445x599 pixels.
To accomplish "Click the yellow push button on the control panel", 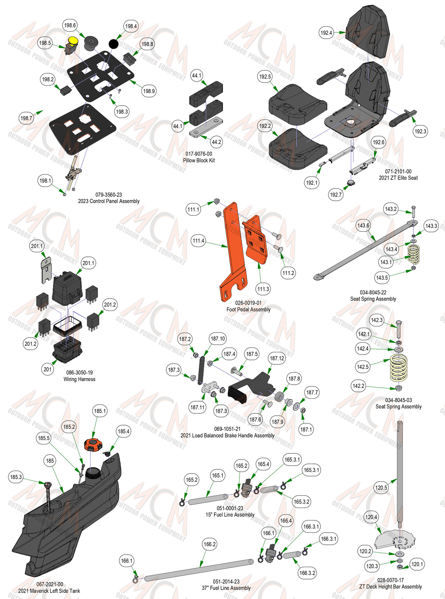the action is pyautogui.click(x=73, y=40).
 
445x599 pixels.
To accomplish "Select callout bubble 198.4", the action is pyautogui.click(x=131, y=26).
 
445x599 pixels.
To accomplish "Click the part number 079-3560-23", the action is pyautogui.click(x=108, y=195).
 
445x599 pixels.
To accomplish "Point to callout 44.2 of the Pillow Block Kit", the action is pyautogui.click(x=216, y=142).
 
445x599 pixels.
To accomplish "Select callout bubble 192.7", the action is pyautogui.click(x=336, y=195).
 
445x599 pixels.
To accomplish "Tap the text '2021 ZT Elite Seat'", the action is pyautogui.click(x=398, y=178).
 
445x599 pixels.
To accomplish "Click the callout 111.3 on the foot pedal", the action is pyautogui.click(x=263, y=289).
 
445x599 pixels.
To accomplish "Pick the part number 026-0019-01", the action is pyautogui.click(x=248, y=303).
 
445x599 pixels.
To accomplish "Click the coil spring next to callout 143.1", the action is pyautogui.click(x=414, y=254).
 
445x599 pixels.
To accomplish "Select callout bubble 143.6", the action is pyautogui.click(x=363, y=226).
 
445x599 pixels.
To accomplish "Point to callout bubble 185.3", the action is pyautogui.click(x=16, y=477).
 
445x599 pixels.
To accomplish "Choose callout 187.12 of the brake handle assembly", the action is pyautogui.click(x=277, y=358).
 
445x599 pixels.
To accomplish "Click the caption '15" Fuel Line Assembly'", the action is pyautogui.click(x=230, y=514).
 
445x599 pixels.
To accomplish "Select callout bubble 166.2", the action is pyautogui.click(x=210, y=544).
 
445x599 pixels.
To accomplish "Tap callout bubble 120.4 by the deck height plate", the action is pyautogui.click(x=371, y=517).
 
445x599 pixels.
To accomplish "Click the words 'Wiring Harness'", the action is pyautogui.click(x=79, y=379).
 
